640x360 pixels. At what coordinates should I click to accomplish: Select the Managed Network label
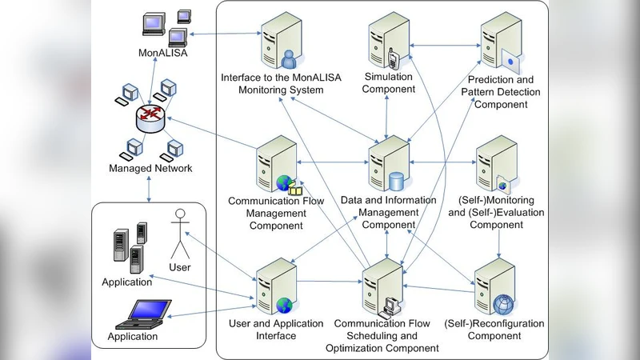click(150, 168)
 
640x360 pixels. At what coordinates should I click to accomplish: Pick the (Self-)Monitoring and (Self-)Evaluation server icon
click(497, 164)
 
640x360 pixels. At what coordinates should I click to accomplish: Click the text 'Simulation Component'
click(389, 82)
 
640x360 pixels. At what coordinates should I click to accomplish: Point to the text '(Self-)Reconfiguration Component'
click(494, 330)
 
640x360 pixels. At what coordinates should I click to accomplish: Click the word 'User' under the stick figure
click(180, 267)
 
